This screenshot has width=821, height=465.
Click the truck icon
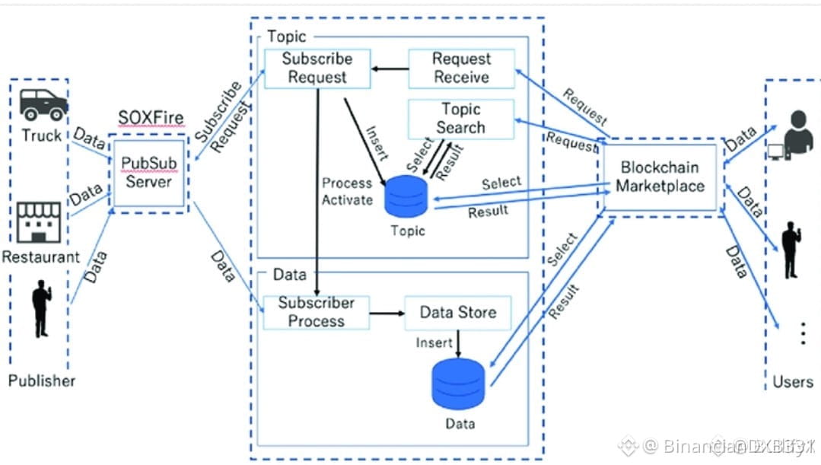point(43,104)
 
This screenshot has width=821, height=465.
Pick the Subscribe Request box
point(317,68)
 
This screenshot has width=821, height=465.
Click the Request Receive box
point(461,68)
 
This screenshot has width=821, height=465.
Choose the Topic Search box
point(461,119)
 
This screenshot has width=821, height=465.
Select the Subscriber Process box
point(317,312)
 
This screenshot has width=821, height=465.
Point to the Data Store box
point(458,312)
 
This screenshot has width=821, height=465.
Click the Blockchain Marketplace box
point(660,176)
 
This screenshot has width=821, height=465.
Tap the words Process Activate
point(347,192)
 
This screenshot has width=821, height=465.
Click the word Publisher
point(42,381)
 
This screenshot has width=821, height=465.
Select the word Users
point(793,381)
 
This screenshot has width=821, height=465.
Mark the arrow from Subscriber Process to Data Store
point(387,313)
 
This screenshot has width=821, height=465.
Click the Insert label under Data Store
point(434,343)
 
